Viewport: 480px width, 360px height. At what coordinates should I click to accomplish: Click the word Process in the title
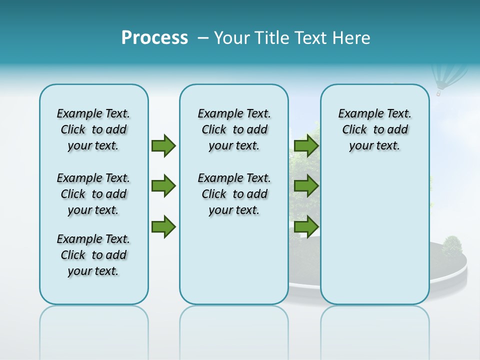pos(154,38)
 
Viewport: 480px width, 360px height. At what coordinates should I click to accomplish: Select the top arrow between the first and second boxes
pos(163,146)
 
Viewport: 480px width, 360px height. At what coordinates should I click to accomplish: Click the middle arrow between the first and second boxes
pos(163,186)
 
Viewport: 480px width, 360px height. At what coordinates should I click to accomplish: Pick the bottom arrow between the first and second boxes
pos(163,226)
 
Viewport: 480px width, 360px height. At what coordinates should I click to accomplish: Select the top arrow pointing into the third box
pos(306,146)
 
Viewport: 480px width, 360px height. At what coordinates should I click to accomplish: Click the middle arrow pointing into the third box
pos(306,186)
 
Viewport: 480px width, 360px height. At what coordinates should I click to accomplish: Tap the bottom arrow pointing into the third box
pos(306,226)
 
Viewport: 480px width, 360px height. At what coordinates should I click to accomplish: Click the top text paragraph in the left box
pos(93,129)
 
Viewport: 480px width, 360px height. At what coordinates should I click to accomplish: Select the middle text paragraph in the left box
pos(93,194)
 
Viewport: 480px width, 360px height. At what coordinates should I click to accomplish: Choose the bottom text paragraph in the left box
pos(93,255)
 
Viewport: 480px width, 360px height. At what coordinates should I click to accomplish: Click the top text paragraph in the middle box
pos(234,129)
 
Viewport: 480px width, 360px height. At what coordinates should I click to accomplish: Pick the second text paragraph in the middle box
pos(234,194)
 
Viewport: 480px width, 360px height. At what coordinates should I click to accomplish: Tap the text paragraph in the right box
pos(374,129)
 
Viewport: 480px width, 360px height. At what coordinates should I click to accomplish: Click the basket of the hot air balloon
pos(439,92)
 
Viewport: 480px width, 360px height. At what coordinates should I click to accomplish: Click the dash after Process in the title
pos(203,38)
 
